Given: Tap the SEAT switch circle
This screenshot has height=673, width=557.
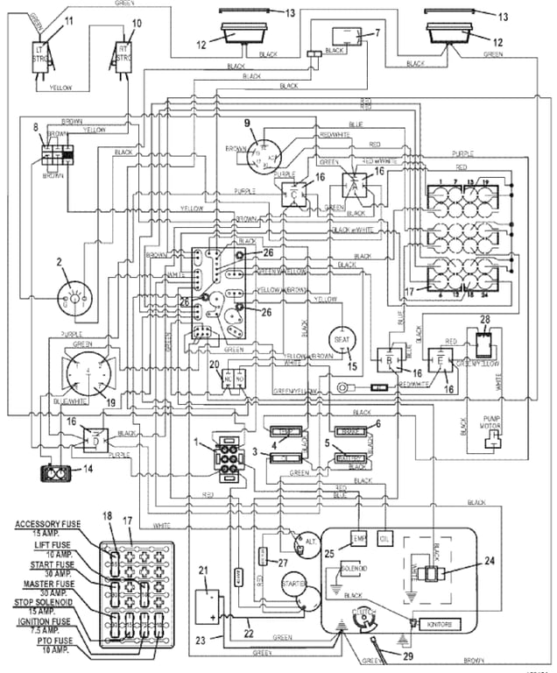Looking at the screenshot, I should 338,339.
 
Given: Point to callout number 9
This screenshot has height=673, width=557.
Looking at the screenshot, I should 247,122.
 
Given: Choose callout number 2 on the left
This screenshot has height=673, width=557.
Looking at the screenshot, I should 60,261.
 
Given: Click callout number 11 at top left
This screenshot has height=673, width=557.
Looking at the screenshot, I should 69,19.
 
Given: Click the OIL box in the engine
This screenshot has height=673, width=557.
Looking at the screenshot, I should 384,537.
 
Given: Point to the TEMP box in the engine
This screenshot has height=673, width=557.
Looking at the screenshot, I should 358,537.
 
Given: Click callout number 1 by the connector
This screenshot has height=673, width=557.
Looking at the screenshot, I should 198,440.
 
